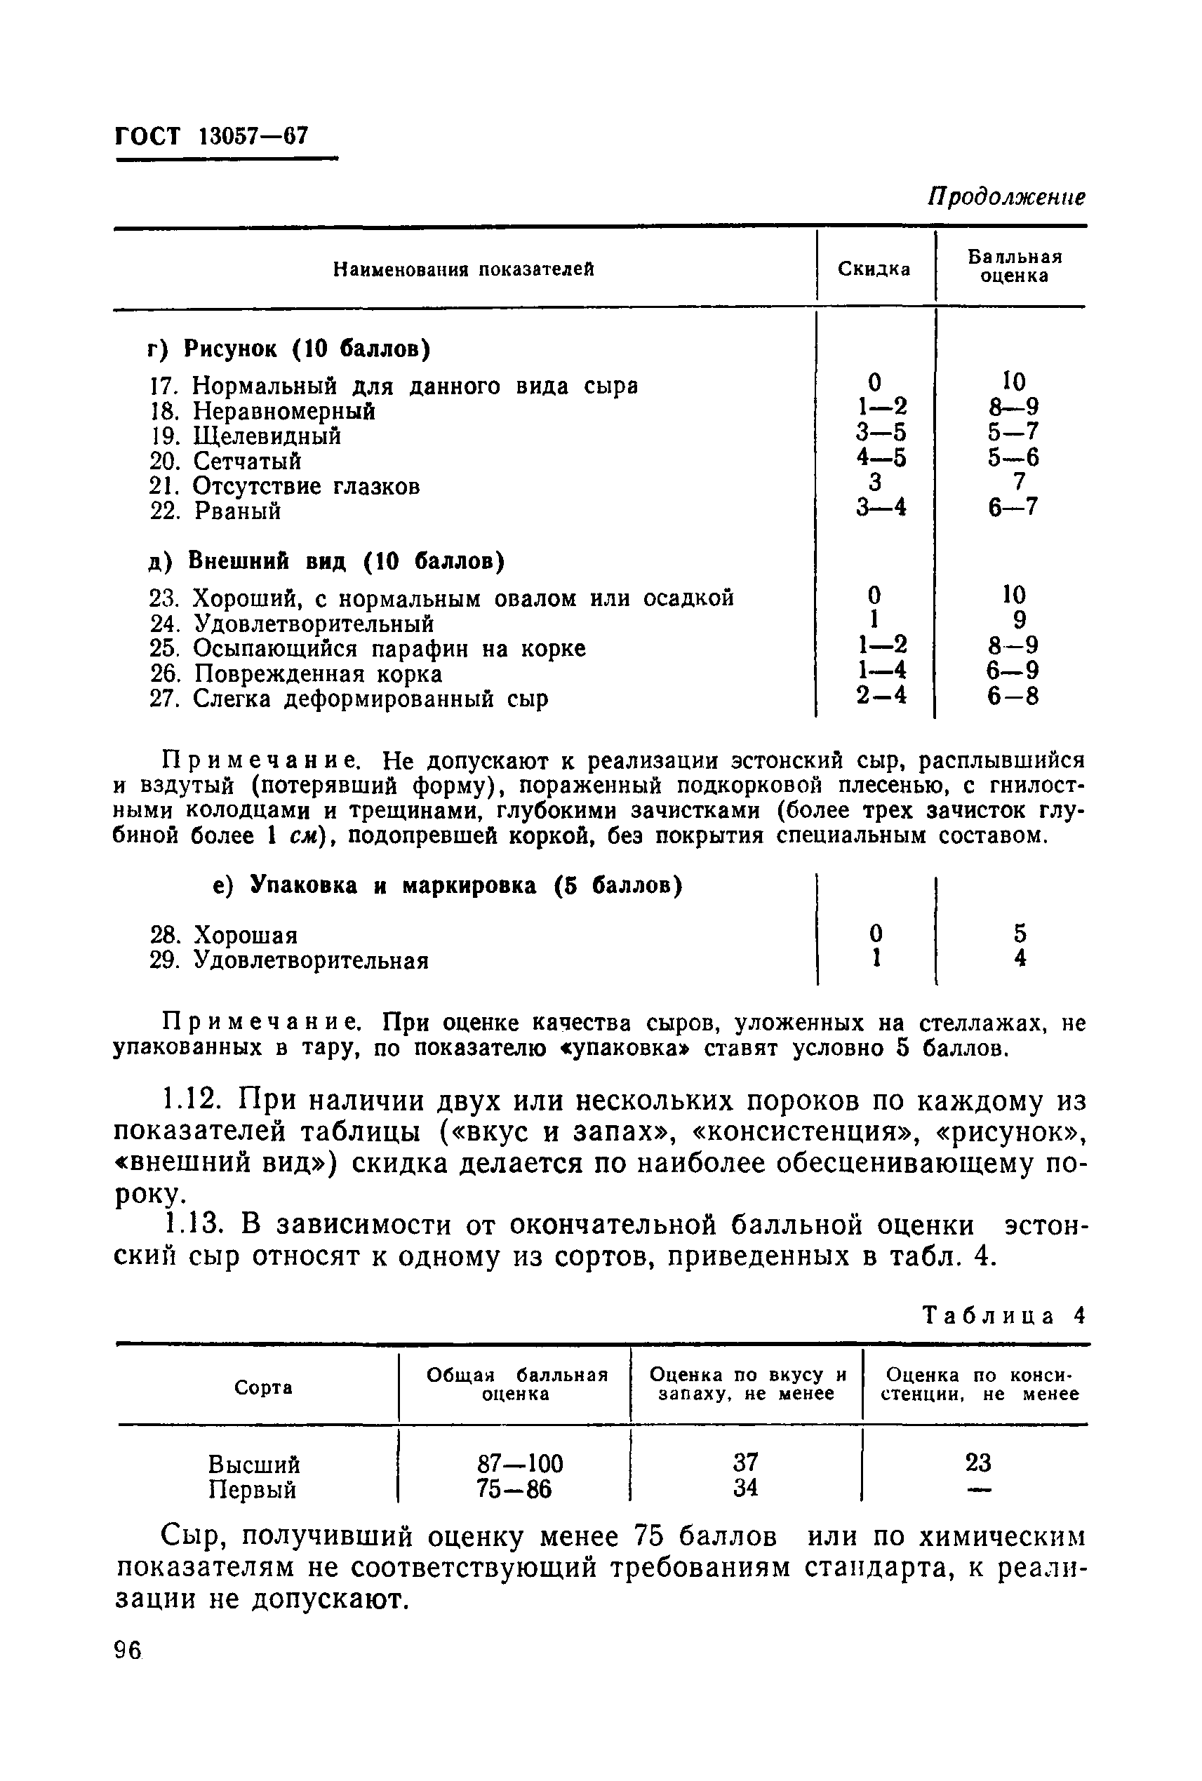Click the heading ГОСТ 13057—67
(x=212, y=136)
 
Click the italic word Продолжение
(x=1006, y=197)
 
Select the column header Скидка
(x=874, y=269)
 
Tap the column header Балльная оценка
(x=1014, y=266)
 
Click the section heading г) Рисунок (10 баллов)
(x=289, y=349)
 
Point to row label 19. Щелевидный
(x=246, y=436)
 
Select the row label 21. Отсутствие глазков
(x=284, y=486)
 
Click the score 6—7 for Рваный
(x=1013, y=507)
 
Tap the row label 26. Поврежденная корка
(x=296, y=673)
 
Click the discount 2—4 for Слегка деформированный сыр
(x=881, y=696)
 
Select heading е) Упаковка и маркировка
(x=447, y=886)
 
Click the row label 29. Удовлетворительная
(x=289, y=960)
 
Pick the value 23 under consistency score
(x=978, y=1463)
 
